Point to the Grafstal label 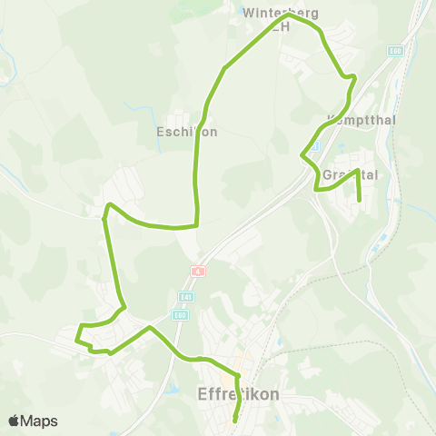[x=349, y=174]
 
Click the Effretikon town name [x=238, y=395]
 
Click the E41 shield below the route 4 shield [x=186, y=297]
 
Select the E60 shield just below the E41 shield [x=181, y=314]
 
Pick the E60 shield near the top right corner [x=394, y=52]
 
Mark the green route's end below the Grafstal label [x=360, y=200]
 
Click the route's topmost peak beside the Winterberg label [x=289, y=15]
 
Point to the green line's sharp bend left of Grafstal [x=302, y=155]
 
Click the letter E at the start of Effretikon [x=202, y=395]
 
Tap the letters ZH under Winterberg [x=283, y=27]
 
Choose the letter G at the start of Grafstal [x=328, y=174]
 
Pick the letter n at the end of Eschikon [x=213, y=131]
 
